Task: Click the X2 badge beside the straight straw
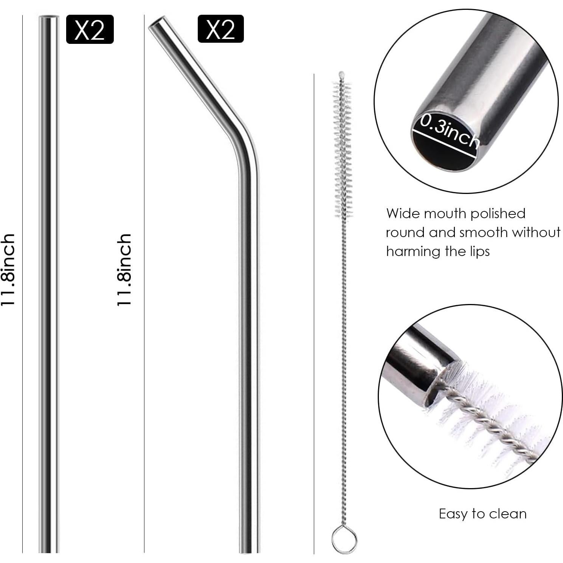point(90,29)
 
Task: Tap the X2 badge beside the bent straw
point(220,29)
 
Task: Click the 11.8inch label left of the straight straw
point(8,270)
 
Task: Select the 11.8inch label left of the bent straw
point(125,270)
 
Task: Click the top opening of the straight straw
point(49,17)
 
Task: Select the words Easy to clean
point(482,514)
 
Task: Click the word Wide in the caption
point(403,214)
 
